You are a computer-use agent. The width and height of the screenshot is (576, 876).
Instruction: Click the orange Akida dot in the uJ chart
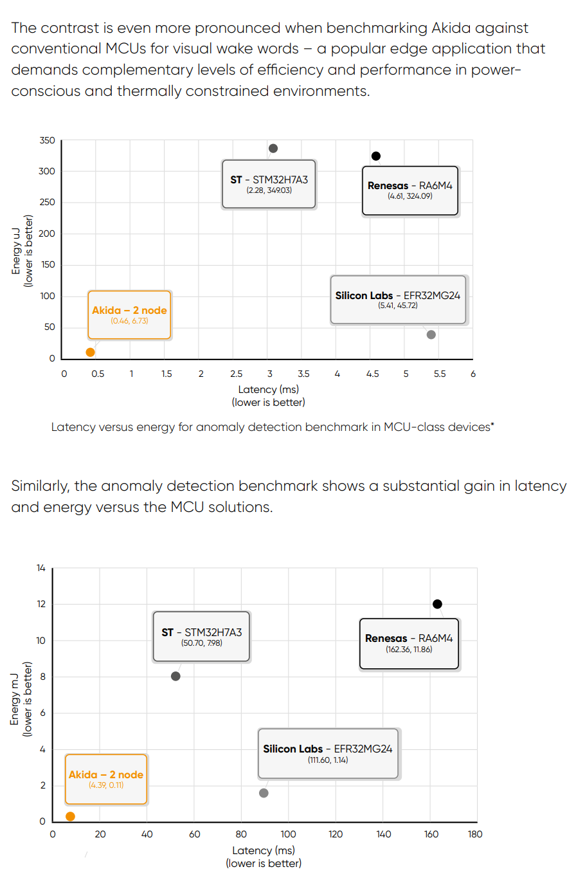[x=90, y=352]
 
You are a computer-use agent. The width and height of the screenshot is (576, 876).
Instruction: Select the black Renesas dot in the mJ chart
[x=437, y=604]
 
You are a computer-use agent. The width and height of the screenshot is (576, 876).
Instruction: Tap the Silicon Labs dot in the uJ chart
[x=431, y=334]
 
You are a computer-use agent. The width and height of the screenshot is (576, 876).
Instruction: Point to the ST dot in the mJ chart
[x=175, y=676]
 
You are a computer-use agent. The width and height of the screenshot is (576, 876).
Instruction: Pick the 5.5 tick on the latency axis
[x=440, y=374]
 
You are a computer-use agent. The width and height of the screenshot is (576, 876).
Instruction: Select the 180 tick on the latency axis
[x=475, y=834]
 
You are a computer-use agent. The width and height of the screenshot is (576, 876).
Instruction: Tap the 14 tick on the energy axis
[x=41, y=568]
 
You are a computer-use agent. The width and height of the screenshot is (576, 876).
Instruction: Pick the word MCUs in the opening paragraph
[x=120, y=48]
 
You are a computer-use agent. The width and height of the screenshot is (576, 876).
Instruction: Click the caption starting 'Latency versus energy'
[x=272, y=426]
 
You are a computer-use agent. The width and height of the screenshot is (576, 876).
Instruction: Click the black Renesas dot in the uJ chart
[x=376, y=156]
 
